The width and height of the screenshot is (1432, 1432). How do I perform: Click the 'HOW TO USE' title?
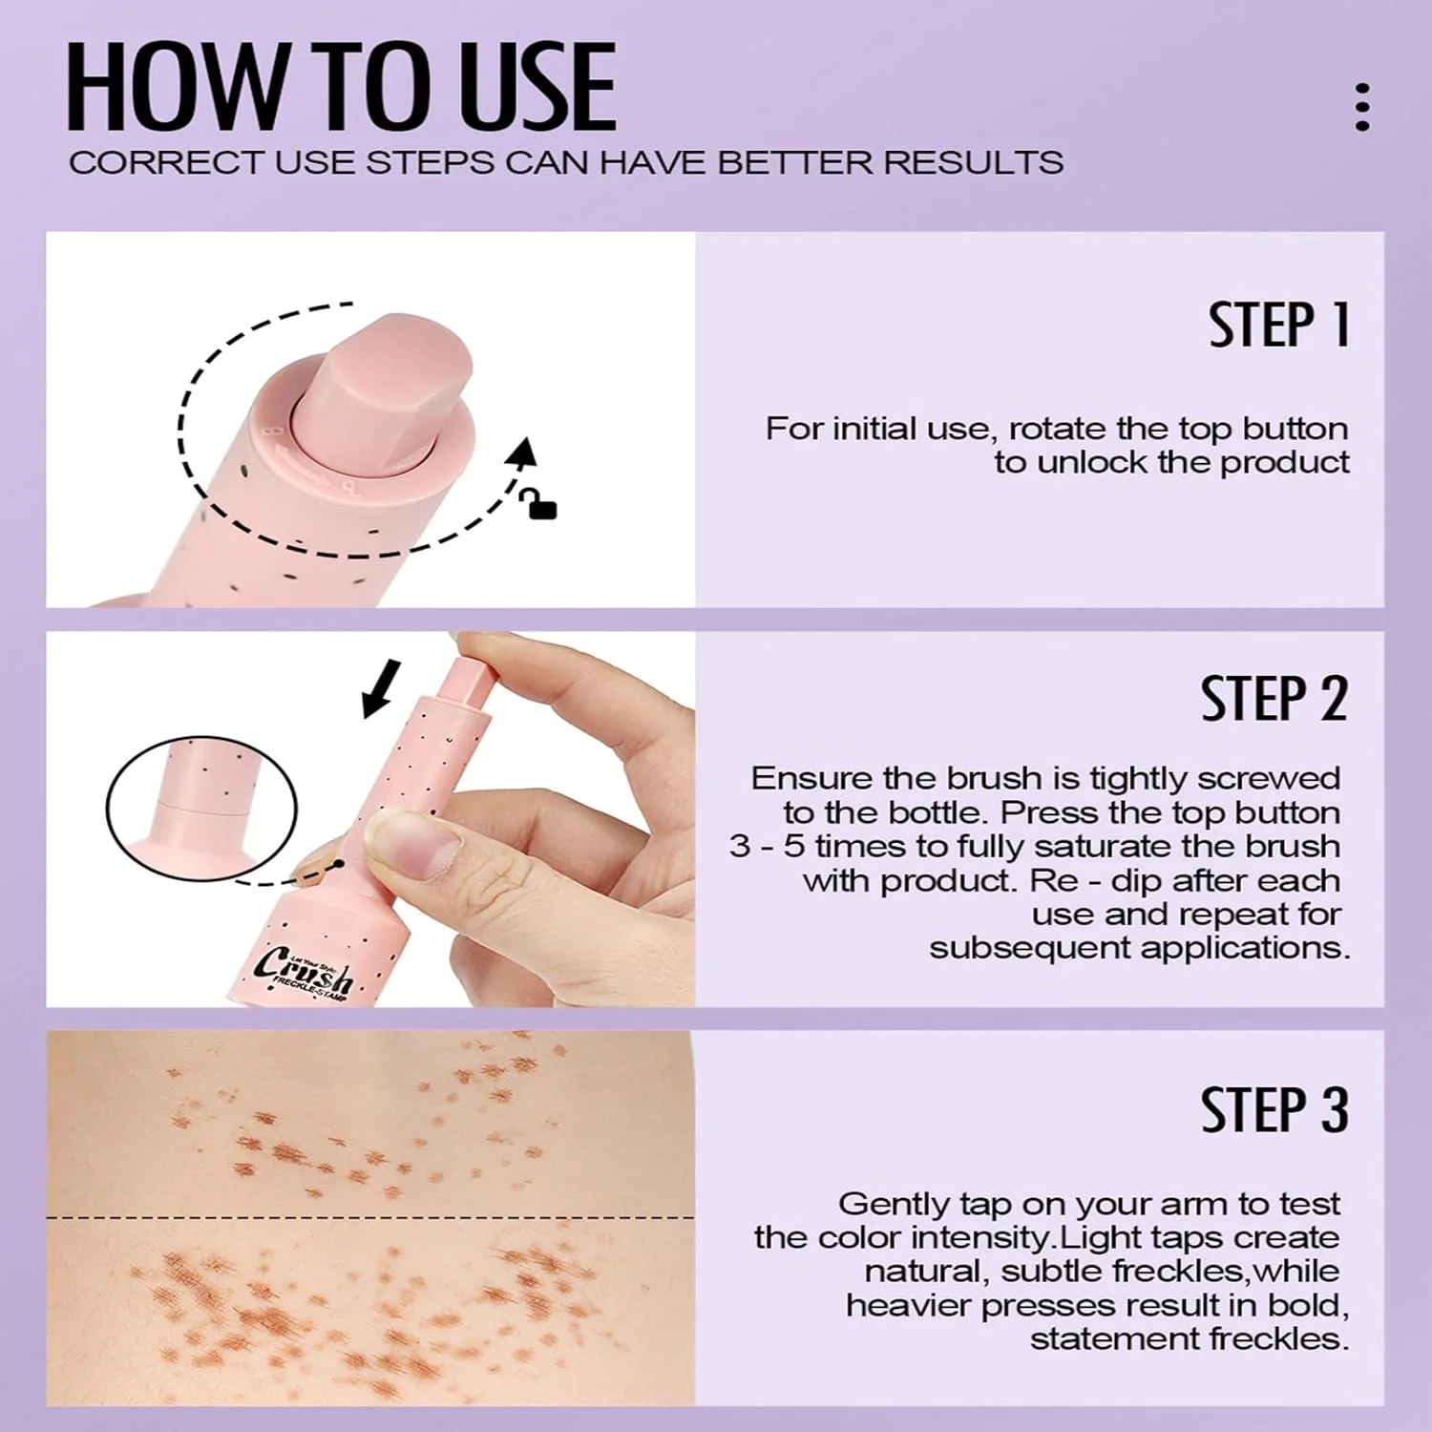(x=341, y=87)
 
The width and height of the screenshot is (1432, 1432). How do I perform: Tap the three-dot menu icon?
(x=1362, y=106)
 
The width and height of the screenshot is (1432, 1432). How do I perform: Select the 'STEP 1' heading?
(x=1279, y=325)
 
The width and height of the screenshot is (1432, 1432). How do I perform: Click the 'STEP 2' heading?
(x=1274, y=698)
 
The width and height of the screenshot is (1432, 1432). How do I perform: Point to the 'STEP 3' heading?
(x=1274, y=1109)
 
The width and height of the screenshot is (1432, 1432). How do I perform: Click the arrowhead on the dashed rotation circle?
(x=522, y=453)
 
